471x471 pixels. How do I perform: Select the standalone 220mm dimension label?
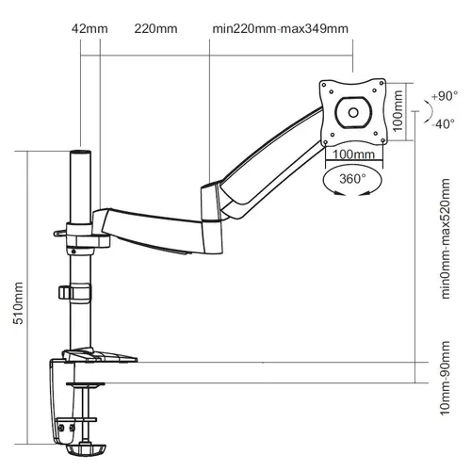155,29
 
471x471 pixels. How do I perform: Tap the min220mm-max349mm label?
280,29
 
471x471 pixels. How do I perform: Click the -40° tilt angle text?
443,130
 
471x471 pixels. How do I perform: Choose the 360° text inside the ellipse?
352,177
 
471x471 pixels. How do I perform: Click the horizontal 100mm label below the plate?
352,154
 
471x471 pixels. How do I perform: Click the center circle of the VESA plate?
353,112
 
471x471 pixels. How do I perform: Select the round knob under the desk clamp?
90,440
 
